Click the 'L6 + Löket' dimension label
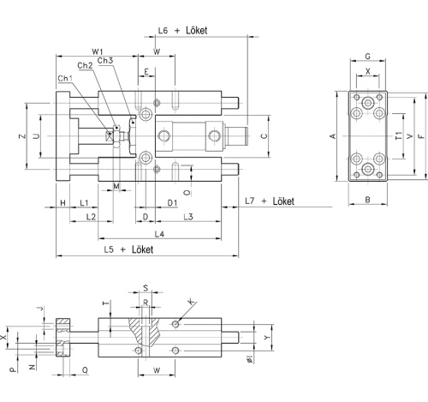(x=182, y=30)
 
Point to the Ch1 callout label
(x=64, y=79)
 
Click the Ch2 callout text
(x=85, y=66)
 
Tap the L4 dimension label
(x=158, y=233)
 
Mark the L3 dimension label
(x=186, y=217)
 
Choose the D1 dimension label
(x=172, y=202)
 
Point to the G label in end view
(x=367, y=57)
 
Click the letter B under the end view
(x=366, y=201)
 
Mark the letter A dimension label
(x=334, y=136)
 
